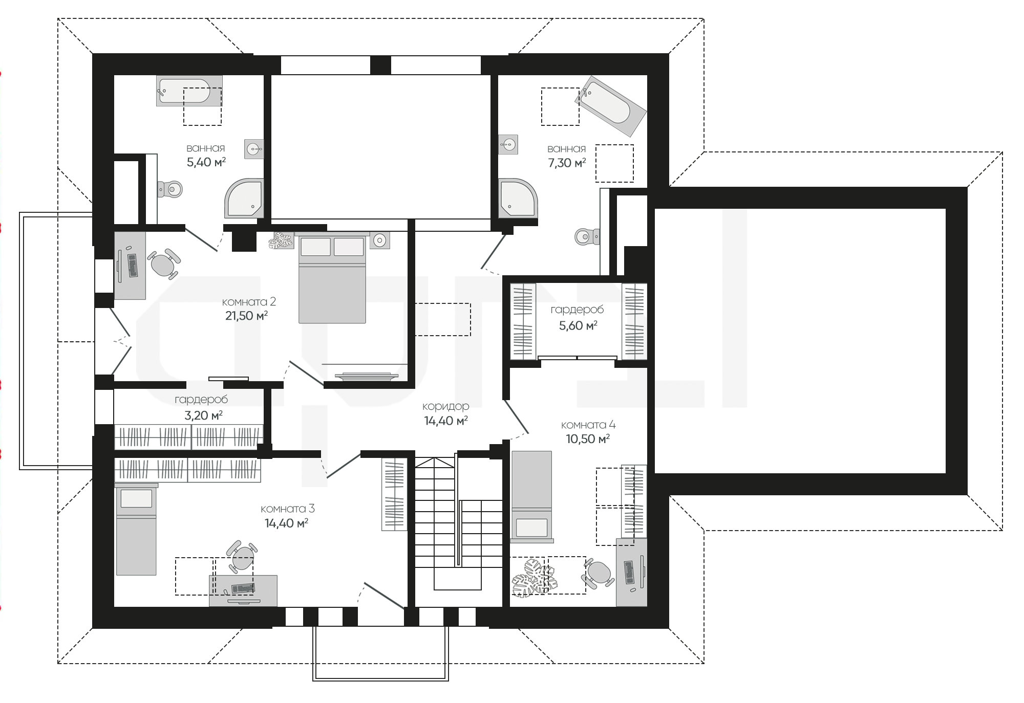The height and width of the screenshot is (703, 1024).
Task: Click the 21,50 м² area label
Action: (246, 316)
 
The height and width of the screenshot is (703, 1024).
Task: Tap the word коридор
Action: (445, 406)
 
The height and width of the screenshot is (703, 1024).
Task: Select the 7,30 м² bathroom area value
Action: (566, 163)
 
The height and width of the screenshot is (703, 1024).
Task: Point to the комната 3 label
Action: (287, 509)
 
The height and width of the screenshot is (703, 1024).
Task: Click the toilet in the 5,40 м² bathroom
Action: (170, 189)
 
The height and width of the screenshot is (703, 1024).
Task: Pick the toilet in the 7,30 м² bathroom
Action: (587, 237)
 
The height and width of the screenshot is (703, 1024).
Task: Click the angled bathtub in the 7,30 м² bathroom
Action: (610, 106)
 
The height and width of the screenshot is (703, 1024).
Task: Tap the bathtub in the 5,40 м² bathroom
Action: (189, 91)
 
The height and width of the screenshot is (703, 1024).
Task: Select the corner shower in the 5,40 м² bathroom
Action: (244, 198)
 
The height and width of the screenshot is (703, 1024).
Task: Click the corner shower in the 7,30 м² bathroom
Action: (518, 198)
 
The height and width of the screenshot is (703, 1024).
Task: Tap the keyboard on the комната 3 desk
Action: (243, 588)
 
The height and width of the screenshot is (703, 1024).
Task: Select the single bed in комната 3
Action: (136, 529)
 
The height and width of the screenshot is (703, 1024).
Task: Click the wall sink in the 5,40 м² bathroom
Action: (254, 149)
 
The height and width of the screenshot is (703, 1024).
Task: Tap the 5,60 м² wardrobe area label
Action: (578, 325)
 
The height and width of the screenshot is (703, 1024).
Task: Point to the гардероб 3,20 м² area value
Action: (203, 415)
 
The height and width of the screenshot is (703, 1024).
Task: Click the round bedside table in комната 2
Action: (379, 240)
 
